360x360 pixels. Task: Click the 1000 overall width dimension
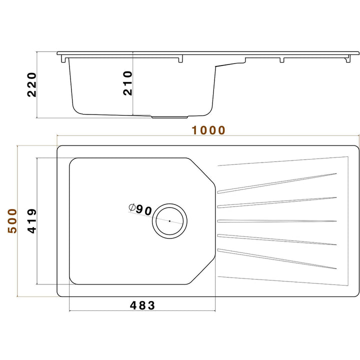pyautogui.click(x=208, y=130)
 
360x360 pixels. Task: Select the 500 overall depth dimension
pyautogui.click(x=12, y=221)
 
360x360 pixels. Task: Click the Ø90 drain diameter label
pyautogui.click(x=140, y=209)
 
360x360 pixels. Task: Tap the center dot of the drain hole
pyautogui.click(x=169, y=220)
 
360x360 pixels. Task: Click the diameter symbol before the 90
pyautogui.click(x=132, y=207)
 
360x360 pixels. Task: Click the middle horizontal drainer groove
pyautogui.click(x=277, y=220)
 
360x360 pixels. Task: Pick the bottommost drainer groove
pyautogui.click(x=277, y=258)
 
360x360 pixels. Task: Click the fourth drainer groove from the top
pyautogui.click(x=277, y=240)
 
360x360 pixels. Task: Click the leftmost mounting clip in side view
pyautogui.click(x=63, y=58)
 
